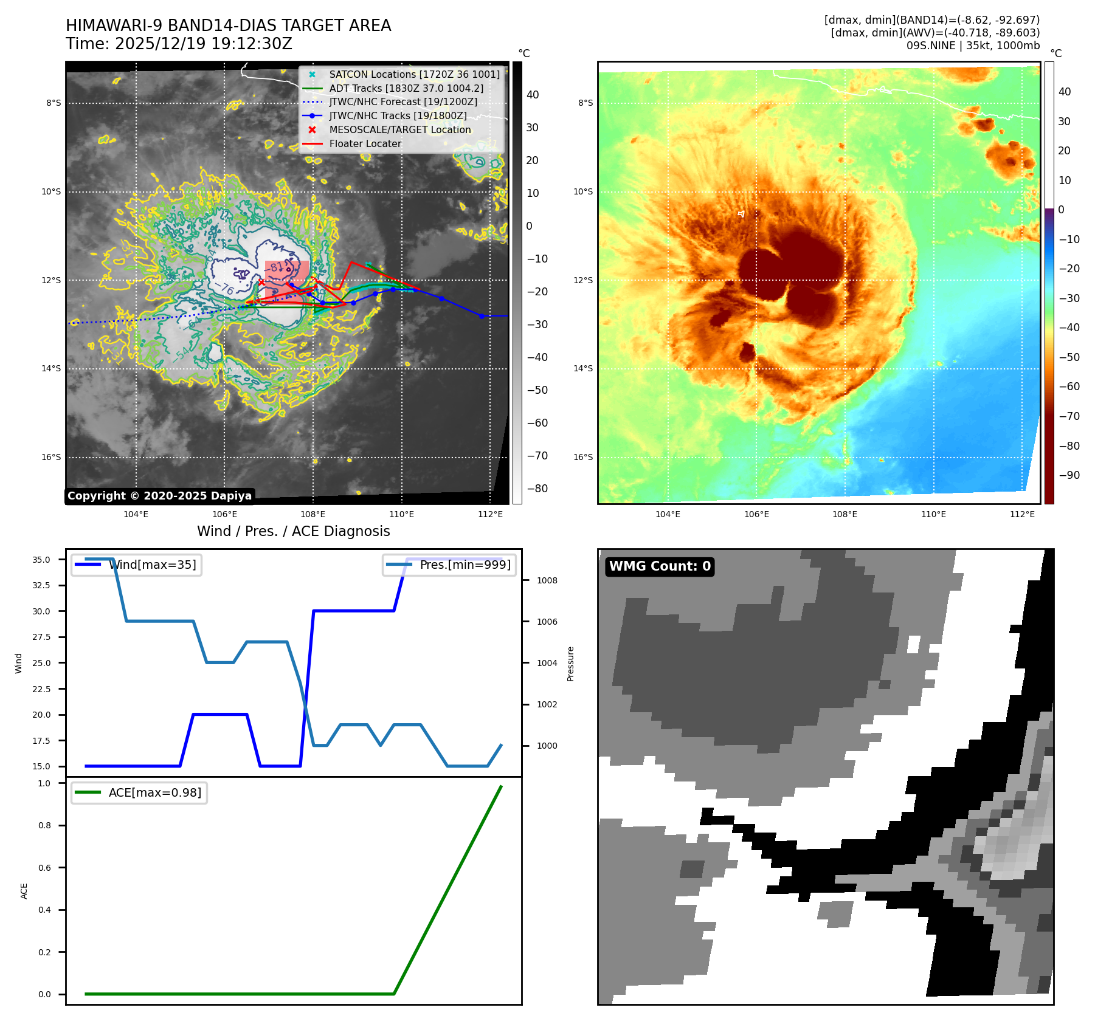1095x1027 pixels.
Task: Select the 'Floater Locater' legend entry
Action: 365,144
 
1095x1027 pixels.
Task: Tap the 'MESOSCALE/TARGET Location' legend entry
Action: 399,130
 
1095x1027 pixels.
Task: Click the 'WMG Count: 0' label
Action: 660,566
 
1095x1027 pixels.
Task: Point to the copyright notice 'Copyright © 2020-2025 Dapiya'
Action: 159,496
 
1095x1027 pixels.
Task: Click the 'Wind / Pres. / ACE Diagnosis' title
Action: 293,531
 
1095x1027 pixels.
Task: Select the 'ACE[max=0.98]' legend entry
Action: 154,793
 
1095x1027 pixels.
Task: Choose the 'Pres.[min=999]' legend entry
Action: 465,565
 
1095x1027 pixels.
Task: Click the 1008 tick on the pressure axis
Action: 547,580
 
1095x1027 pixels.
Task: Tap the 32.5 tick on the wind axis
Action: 41,585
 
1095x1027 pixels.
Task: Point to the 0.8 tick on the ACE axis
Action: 44,825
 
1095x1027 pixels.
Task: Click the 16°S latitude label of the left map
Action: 51,457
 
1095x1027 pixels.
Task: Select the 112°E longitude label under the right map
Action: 1022,514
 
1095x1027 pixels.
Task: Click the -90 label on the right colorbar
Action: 1069,475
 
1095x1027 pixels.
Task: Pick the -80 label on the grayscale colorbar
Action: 537,489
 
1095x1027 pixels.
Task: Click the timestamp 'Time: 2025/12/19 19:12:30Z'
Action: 179,44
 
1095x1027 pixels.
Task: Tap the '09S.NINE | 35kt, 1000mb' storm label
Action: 973,46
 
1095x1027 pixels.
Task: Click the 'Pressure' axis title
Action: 570,664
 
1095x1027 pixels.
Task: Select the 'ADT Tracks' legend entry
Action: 406,89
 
